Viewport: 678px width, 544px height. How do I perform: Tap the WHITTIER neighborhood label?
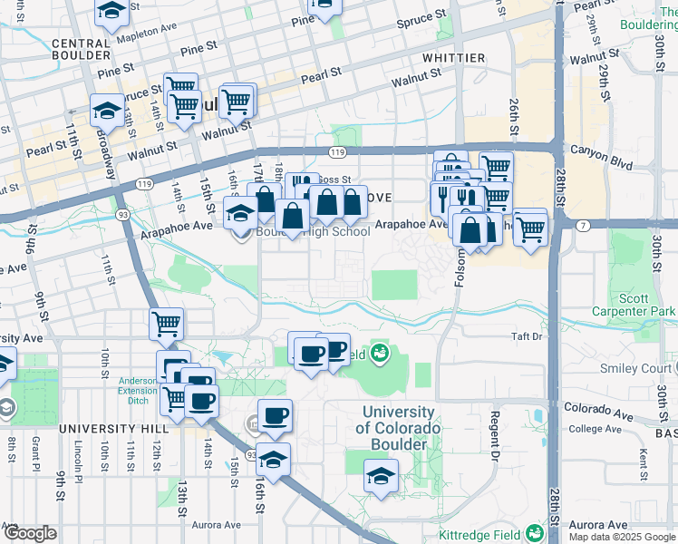tap(453, 58)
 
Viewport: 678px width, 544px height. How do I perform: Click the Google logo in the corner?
tap(29, 533)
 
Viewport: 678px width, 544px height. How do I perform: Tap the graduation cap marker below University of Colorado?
tap(381, 476)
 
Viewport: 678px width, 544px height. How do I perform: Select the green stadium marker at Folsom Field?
tap(380, 353)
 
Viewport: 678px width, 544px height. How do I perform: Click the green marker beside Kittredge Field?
tap(535, 533)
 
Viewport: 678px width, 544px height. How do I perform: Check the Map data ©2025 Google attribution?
tap(622, 537)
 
